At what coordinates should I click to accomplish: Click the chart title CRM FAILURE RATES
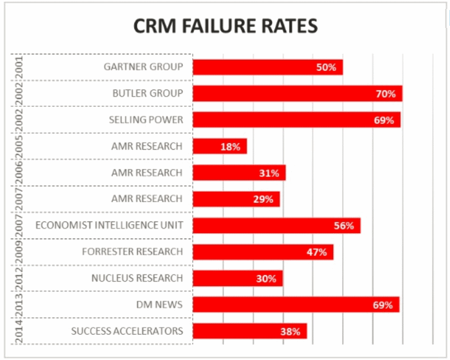pyautogui.click(x=225, y=26)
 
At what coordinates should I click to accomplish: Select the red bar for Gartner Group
pyautogui.click(x=267, y=67)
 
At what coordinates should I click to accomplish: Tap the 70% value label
pyautogui.click(x=385, y=94)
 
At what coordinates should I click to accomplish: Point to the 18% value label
pyautogui.click(x=229, y=146)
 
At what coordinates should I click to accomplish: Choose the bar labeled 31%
pyautogui.click(x=239, y=173)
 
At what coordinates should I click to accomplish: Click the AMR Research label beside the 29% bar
pyautogui.click(x=146, y=198)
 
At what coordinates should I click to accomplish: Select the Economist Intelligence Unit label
pyautogui.click(x=109, y=225)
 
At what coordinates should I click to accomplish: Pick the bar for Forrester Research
pyautogui.click(x=263, y=252)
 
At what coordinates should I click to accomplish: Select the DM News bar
pyautogui.click(x=296, y=305)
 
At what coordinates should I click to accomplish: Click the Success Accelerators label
pyautogui.click(x=127, y=331)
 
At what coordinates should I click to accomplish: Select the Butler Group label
pyautogui.click(x=148, y=93)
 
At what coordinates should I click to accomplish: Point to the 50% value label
pyautogui.click(x=325, y=68)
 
